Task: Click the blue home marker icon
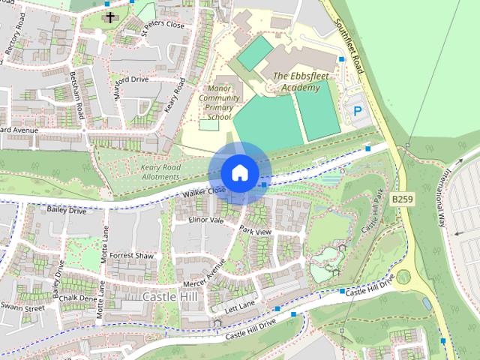click(238, 172)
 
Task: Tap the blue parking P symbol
click(358, 112)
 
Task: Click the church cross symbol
click(110, 16)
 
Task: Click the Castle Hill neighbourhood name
click(169, 297)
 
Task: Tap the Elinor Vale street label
click(206, 220)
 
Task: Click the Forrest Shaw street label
click(130, 255)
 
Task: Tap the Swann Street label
click(22, 307)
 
